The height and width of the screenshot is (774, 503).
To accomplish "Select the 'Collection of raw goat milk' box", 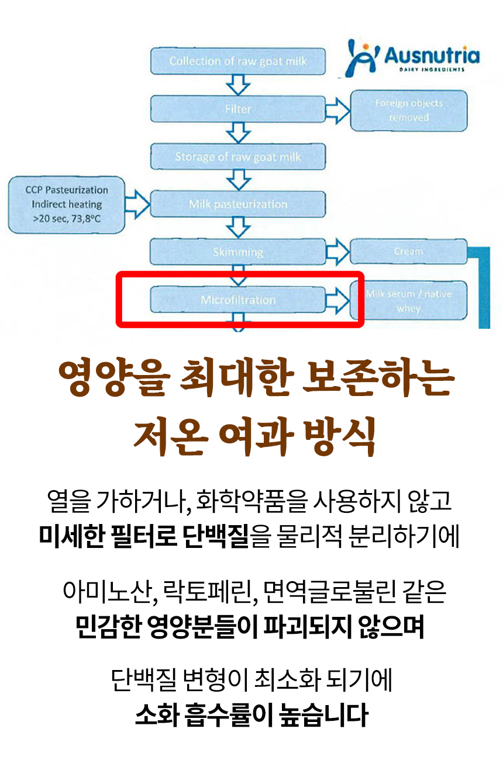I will click(238, 61).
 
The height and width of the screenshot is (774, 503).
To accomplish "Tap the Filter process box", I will click(238, 109).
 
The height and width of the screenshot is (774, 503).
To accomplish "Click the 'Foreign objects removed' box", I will click(409, 110).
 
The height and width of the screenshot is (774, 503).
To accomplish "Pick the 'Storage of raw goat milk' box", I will click(238, 157).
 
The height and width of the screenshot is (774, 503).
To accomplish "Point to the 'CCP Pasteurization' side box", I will click(67, 204).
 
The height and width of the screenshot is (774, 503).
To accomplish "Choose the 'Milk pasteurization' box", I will click(238, 204).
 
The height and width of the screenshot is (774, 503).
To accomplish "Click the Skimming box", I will click(238, 252).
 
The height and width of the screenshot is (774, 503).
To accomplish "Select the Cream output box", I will click(408, 251).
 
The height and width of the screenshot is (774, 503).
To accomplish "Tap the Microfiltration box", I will click(238, 300).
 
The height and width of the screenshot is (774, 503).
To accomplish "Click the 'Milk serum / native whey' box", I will click(408, 301).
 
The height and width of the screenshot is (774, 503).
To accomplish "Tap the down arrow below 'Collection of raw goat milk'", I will click(238, 85).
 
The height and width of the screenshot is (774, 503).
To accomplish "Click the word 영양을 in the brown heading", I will click(109, 380).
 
